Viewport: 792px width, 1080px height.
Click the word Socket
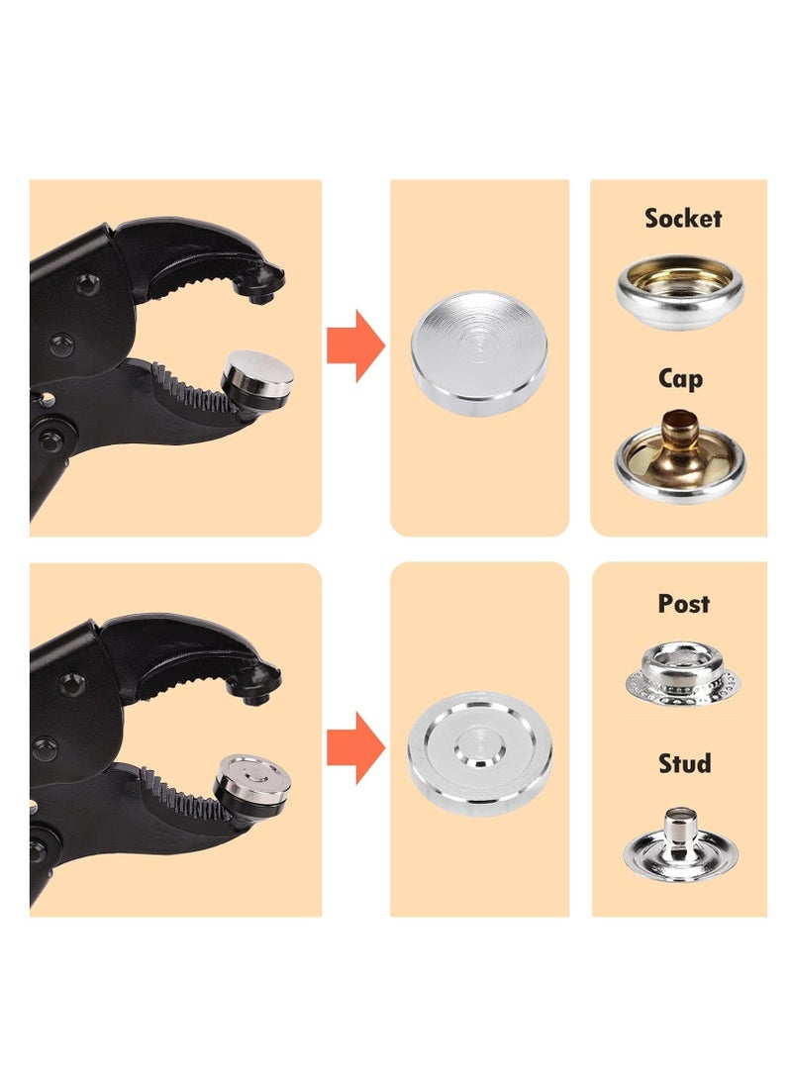682,218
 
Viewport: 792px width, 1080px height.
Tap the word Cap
680,378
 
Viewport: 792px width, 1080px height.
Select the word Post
683,603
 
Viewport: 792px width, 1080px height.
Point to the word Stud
684,763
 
